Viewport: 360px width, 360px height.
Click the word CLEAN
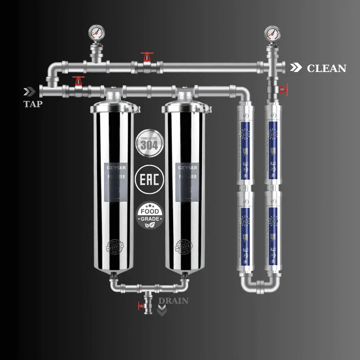coord(326,68)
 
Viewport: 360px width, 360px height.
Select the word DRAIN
coord(173,300)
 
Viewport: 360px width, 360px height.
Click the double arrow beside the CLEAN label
coord(296,68)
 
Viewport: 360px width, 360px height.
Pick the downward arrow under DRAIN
coord(162,310)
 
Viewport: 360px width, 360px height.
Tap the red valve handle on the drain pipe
coord(141,306)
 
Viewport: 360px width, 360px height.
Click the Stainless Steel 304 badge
coord(149,142)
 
